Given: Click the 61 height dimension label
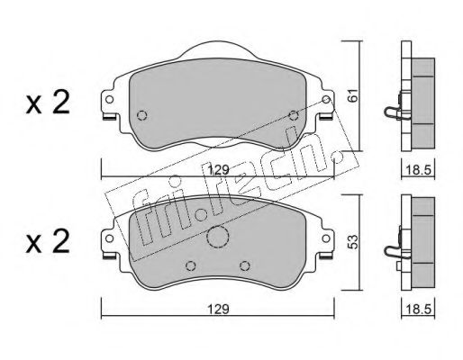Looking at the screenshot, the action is [x=354, y=95].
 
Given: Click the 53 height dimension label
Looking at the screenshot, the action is [x=354, y=242].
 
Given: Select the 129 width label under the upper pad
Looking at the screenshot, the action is [x=219, y=170].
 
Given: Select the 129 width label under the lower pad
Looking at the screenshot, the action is [x=219, y=309].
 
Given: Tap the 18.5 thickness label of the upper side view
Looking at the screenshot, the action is [x=418, y=170].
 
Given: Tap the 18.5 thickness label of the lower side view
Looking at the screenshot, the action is [x=418, y=309].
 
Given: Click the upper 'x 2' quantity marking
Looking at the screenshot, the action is [x=48, y=102].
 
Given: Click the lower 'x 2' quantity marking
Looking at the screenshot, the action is [x=48, y=241].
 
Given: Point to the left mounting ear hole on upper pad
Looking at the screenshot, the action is [x=110, y=99].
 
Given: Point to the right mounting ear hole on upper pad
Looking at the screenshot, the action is [x=326, y=99].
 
